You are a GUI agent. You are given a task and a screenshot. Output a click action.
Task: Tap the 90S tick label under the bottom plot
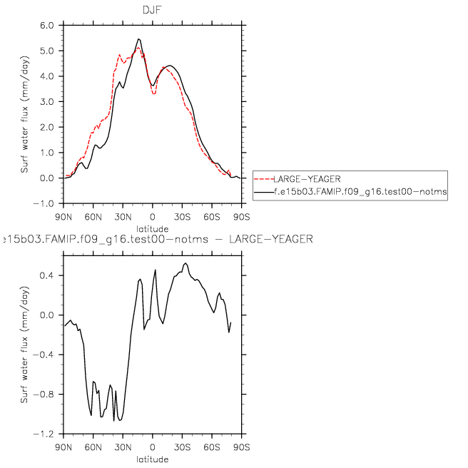pyautogui.click(x=241, y=447)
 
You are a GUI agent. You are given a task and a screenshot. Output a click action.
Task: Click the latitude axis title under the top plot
pyautogui.click(x=152, y=228)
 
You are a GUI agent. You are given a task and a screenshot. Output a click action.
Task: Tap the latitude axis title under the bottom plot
pyautogui.click(x=152, y=459)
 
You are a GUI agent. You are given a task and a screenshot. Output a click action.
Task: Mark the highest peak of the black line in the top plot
pyautogui.click(x=138, y=39)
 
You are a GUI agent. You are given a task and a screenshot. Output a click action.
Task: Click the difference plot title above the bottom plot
pyautogui.click(x=157, y=238)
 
